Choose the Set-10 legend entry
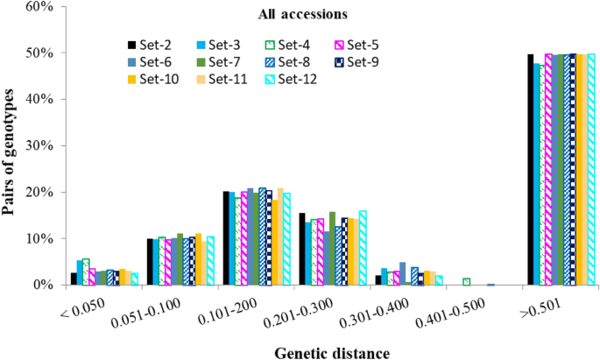tap(156, 79)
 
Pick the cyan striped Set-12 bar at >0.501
tap(591, 169)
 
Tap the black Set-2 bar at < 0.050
tap(74, 279)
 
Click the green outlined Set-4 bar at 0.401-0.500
tap(467, 282)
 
